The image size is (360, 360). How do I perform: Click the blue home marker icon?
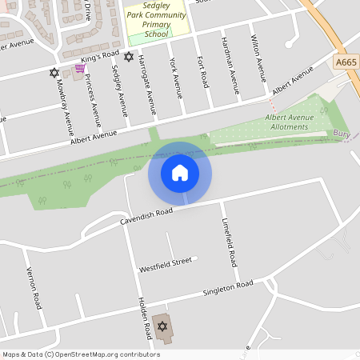click(180, 173)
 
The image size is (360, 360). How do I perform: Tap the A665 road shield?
click(346, 61)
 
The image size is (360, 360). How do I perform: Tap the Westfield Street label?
click(166, 262)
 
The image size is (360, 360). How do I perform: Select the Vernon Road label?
click(33, 288)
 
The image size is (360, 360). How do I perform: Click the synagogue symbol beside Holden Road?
click(162, 326)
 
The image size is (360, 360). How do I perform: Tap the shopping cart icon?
click(80, 69)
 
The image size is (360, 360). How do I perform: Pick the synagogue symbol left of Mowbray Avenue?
click(54, 73)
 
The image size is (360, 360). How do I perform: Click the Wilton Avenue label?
click(257, 59)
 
